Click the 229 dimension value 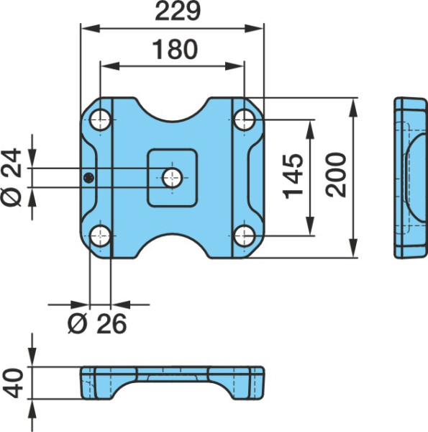(178, 12)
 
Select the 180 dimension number (175, 49)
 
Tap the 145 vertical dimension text (293, 176)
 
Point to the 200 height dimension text (335, 175)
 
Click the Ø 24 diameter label (12, 177)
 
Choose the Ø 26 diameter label (97, 323)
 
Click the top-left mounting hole (101, 120)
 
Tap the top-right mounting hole (244, 120)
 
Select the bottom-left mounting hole (101, 236)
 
